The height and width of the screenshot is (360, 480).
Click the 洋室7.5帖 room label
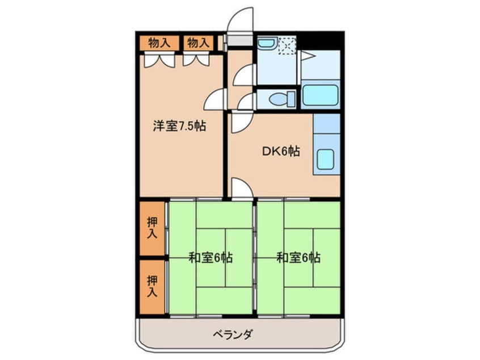point(179,126)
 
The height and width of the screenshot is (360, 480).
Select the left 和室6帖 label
point(210,257)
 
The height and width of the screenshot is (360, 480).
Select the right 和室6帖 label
point(298,257)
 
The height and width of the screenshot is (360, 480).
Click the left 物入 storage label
point(159,43)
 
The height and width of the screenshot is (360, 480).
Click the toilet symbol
point(278,99)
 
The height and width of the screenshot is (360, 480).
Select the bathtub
point(320,95)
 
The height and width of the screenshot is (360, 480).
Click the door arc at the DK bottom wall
point(240,188)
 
